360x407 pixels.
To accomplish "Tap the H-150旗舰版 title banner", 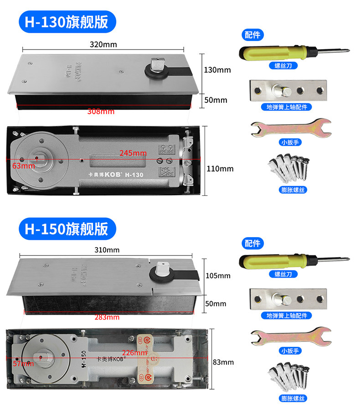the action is coord(67,229).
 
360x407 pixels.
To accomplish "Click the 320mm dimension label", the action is coord(103,44).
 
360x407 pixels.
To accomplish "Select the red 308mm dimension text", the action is coord(101,112).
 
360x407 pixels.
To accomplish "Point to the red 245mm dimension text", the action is coord(133,153).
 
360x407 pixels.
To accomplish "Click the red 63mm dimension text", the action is coord(23,166).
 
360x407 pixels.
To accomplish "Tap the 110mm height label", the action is coord(220,169).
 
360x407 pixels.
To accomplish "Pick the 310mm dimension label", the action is coord(108,250).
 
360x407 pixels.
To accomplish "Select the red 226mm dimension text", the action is coord(135,353).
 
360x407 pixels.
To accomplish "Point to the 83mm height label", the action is coord(223,362).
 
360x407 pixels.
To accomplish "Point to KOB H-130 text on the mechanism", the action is coord(116,174).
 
